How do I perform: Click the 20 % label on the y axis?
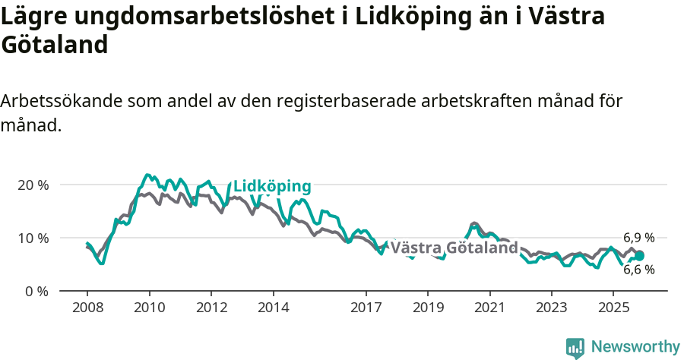click(33, 185)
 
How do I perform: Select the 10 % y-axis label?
click(33, 238)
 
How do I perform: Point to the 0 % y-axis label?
click(36, 291)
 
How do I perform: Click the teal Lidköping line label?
click(272, 186)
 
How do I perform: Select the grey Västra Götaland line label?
click(454, 248)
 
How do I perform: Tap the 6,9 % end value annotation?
click(638, 238)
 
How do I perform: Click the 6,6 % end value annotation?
click(638, 270)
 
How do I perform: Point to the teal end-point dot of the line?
click(639, 256)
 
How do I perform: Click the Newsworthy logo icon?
click(575, 348)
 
